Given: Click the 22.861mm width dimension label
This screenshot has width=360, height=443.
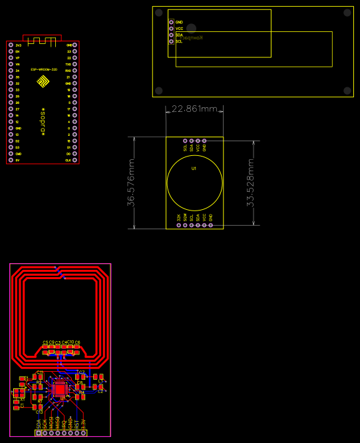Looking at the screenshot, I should pos(194,109).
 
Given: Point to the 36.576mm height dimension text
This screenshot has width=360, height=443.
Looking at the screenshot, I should pos(131,182).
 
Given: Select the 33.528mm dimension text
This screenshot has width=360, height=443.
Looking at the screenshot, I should pos(250,182).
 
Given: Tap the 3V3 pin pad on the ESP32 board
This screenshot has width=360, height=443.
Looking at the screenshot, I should pos(10,45).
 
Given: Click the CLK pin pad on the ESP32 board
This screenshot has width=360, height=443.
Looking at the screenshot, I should pos(75,161).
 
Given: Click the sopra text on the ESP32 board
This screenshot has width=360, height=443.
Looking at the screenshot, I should pos(43,120).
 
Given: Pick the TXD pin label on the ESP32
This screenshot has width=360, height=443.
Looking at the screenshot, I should pos(69,64).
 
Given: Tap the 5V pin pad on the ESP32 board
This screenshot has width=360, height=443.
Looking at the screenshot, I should pos(10,161).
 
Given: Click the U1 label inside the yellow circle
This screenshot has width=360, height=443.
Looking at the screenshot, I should pos(194,169).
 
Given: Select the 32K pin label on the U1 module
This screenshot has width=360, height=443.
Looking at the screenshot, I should pos(178,218).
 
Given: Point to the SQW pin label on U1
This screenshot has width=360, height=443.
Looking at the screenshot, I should pos(185,218).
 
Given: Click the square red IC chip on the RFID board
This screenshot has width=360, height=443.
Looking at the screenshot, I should pos(60,388).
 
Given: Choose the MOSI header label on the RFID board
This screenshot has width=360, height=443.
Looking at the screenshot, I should pos(51,422).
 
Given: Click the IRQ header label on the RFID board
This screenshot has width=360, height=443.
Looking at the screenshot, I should pos(64,422).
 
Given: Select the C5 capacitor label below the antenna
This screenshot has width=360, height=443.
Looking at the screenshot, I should pos(45,342).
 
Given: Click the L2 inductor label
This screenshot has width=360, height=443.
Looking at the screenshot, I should pos(100,392).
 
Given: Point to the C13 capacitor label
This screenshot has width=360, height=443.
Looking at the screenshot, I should pos(39,412).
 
